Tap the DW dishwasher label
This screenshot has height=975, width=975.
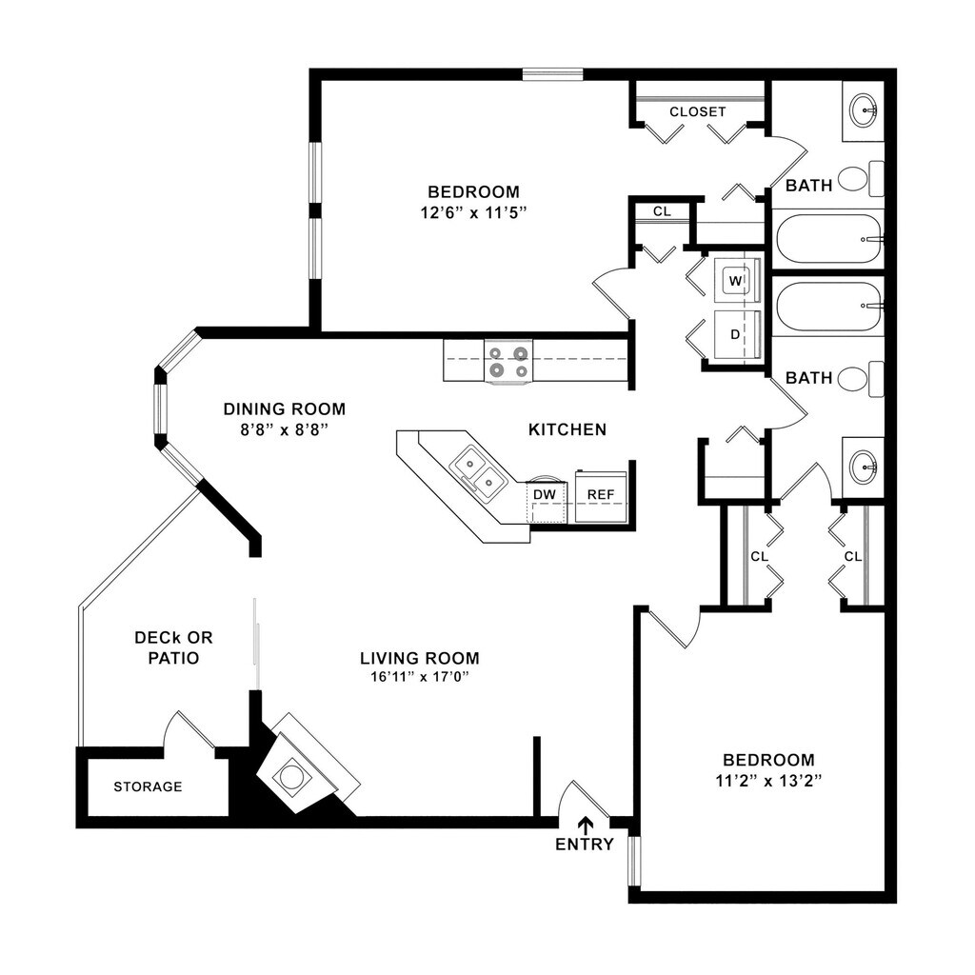[544, 494]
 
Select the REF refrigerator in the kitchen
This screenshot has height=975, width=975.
[600, 495]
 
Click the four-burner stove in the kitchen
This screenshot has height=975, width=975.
[507, 362]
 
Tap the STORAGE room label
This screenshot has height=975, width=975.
[148, 786]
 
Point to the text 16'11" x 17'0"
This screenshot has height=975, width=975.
[420, 677]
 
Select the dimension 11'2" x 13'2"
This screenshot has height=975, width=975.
[768, 780]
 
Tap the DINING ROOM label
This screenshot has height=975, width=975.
[284, 409]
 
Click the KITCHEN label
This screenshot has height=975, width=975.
[567, 429]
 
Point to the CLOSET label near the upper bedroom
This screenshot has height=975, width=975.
[697, 111]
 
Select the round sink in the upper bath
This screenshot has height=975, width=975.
[864, 109]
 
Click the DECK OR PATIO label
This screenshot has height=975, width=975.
[167, 647]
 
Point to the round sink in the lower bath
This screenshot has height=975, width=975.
[864, 468]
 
